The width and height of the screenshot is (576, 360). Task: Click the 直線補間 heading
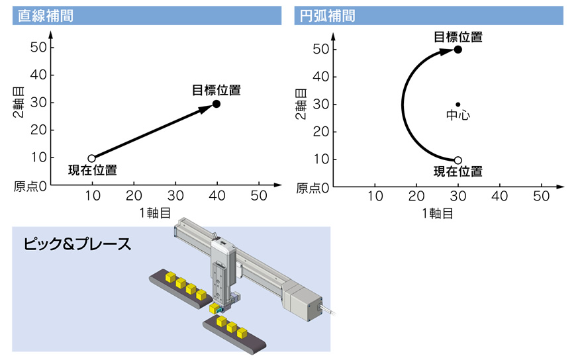(x=46, y=16)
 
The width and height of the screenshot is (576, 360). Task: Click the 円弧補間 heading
(x=327, y=16)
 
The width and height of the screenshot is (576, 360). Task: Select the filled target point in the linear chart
(x=216, y=104)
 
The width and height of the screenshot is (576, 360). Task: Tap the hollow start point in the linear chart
(x=92, y=159)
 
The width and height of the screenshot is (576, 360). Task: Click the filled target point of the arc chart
(x=457, y=49)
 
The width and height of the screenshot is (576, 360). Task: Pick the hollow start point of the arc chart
(x=457, y=160)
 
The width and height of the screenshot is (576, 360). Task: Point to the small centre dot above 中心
(x=457, y=105)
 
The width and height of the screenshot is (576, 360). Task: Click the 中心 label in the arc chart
(x=457, y=115)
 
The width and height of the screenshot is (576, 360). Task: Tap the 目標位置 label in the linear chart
(x=216, y=90)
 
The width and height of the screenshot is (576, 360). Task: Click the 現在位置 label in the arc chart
(x=457, y=171)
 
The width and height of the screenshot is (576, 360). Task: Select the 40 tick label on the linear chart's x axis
(x=217, y=195)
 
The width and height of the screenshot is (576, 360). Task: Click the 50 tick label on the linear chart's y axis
(x=38, y=48)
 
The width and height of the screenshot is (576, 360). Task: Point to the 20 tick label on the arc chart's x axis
(x=416, y=196)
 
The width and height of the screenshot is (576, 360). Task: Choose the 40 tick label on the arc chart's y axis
(x=320, y=77)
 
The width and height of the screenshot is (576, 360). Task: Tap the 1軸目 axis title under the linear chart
(x=155, y=212)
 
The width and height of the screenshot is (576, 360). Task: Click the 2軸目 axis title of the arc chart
(x=301, y=104)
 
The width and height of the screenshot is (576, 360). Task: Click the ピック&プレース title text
(x=77, y=244)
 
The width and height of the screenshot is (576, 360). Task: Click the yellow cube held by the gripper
(x=214, y=308)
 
